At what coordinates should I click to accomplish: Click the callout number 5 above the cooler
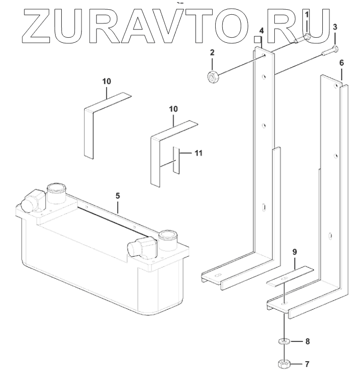click(117, 195)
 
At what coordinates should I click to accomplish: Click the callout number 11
click(198, 152)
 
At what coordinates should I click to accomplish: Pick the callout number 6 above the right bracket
click(341, 63)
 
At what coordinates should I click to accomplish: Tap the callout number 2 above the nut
click(212, 52)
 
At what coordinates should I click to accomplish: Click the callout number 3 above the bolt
click(335, 26)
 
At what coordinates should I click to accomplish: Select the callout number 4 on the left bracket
click(261, 31)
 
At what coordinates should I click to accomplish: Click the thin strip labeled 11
click(176, 160)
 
